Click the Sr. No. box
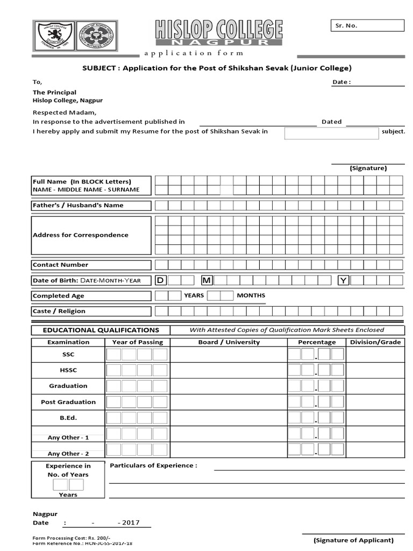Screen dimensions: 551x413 pyautogui.click(x=366, y=26)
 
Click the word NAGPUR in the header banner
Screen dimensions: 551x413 pyautogui.click(x=219, y=41)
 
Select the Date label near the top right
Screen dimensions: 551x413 pyautogui.click(x=341, y=82)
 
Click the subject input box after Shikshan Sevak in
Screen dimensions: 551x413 pyautogui.click(x=331, y=133)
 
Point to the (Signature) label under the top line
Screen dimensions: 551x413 pyautogui.click(x=368, y=168)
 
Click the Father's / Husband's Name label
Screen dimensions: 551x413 pyautogui.click(x=78, y=205)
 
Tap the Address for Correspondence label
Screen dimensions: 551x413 pyautogui.click(x=81, y=235)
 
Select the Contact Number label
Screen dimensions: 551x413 pyautogui.click(x=61, y=265)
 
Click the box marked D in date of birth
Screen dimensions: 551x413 pyautogui.click(x=160, y=280)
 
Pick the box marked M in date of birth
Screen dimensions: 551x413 pyautogui.click(x=206, y=280)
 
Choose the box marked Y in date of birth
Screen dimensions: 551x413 pyautogui.click(x=343, y=280)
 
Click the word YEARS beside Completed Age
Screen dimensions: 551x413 pyautogui.click(x=194, y=295)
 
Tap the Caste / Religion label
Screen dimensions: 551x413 pyautogui.click(x=59, y=311)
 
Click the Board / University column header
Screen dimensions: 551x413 pyautogui.click(x=229, y=342)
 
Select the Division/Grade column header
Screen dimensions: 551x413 pyautogui.click(x=375, y=342)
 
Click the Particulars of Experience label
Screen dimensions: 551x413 pyautogui.click(x=153, y=465)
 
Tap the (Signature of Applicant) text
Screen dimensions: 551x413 pyautogui.click(x=354, y=540)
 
